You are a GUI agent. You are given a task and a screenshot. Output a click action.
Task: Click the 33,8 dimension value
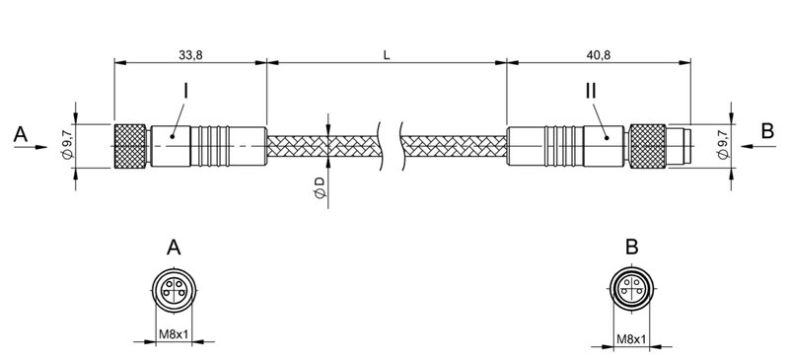click(189, 55)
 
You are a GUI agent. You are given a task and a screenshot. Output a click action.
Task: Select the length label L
click(387, 55)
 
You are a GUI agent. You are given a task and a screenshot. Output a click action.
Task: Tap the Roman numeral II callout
click(590, 91)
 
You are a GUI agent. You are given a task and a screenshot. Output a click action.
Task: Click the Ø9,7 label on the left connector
click(66, 143)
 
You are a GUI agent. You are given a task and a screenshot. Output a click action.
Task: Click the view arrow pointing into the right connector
click(754, 145)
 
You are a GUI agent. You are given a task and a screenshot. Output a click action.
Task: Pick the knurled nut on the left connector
click(132, 145)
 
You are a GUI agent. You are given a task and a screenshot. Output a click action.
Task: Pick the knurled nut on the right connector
click(649, 145)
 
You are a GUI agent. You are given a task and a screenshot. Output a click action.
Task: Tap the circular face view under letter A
click(175, 289)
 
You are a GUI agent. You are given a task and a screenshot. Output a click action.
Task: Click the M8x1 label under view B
click(631, 341)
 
